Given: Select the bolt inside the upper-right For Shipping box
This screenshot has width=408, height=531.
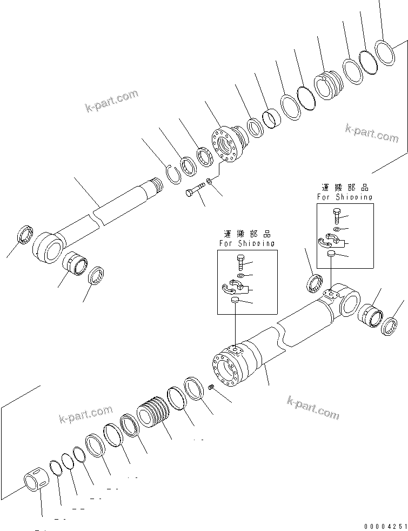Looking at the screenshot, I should [x=336, y=216].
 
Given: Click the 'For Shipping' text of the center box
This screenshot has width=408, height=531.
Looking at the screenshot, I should [x=246, y=243].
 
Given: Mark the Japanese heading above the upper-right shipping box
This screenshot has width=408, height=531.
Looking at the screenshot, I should [x=344, y=188].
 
